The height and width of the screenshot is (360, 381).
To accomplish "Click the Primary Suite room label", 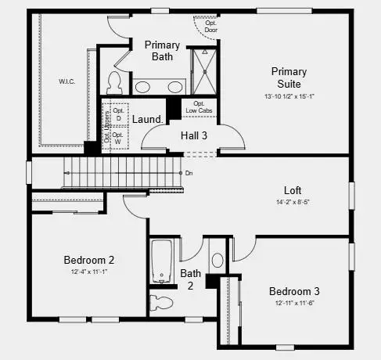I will point(289,77).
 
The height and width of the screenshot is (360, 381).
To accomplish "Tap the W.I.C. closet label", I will point(66,81).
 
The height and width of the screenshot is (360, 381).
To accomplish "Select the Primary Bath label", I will point(162,51).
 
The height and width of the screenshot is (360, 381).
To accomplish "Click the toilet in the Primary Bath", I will point(115,82).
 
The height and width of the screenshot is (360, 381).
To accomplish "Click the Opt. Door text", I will point(210,26).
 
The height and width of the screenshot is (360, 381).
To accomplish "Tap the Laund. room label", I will point(146,119).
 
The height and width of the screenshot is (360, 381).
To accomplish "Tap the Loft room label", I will point(293,190).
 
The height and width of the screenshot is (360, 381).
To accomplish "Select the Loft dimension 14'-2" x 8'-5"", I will point(293,201).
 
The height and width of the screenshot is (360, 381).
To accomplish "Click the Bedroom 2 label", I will point(89,260).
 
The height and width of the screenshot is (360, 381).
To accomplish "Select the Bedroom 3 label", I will point(294,291).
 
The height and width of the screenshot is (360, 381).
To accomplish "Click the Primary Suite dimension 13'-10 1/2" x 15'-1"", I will point(289,96).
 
